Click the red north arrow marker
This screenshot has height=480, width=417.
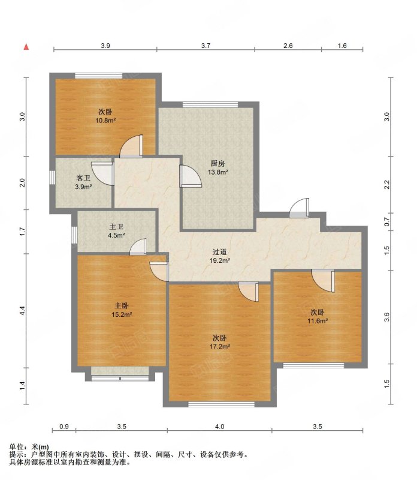[26, 47]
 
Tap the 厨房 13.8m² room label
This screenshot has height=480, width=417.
[217, 168]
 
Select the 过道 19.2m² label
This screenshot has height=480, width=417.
[219, 256]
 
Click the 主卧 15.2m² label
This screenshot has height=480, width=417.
[122, 310]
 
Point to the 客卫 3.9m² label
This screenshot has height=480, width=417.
[83, 182]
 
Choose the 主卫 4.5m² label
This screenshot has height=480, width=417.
[116, 231]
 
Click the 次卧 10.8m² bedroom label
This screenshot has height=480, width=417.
[105, 116]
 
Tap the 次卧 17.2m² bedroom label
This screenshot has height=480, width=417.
[219, 342]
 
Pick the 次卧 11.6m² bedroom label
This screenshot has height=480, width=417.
[318, 317]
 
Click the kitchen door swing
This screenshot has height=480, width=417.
[191, 176]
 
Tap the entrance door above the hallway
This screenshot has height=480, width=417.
[299, 208]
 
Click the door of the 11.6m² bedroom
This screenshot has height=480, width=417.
[323, 281]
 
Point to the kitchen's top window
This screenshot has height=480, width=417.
[210, 104]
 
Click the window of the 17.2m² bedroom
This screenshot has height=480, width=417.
[221, 404]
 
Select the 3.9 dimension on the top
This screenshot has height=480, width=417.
[105, 46]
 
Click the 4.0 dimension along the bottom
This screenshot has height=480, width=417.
[219, 427]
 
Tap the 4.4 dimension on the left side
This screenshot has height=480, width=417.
[22, 310]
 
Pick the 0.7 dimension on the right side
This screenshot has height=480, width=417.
[386, 221]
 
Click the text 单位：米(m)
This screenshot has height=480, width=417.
[29, 447]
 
